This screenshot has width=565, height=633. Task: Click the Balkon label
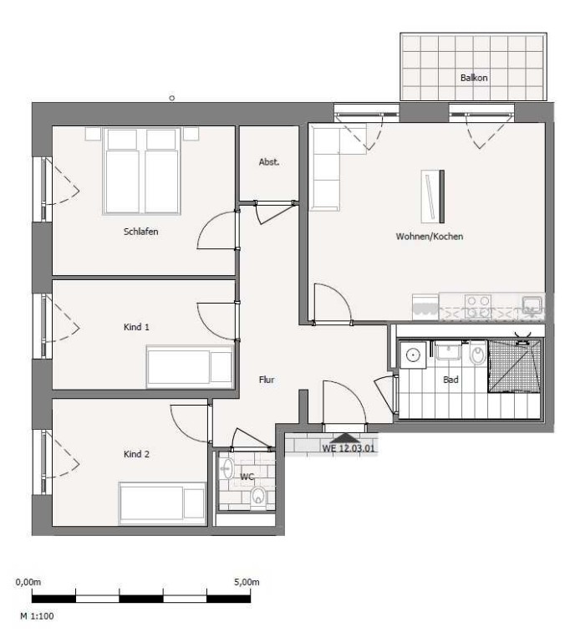click(x=474, y=78)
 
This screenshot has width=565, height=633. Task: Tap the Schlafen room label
click(x=141, y=232)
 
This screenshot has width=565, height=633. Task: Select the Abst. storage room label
click(x=269, y=162)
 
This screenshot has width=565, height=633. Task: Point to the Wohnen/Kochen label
click(x=430, y=236)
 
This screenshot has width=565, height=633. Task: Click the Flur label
click(x=267, y=380)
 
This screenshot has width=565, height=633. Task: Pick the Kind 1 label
click(x=136, y=327)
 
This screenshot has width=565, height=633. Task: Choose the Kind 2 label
click(x=136, y=454)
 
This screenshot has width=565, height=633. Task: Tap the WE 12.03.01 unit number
click(x=348, y=448)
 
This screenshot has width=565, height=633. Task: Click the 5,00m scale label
click(x=247, y=582)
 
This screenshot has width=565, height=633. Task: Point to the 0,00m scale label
click(x=28, y=582)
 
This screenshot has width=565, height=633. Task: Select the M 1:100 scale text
click(x=37, y=616)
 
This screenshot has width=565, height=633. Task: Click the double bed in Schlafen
click(x=141, y=171)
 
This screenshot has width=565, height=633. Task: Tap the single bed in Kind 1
click(x=190, y=366)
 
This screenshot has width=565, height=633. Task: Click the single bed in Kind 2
click(x=162, y=503)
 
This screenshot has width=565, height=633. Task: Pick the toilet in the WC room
click(x=258, y=495)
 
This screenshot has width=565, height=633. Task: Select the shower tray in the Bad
click(x=514, y=365)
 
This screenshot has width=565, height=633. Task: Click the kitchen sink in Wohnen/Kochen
click(x=532, y=304)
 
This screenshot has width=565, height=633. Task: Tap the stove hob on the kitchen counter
click(x=478, y=306)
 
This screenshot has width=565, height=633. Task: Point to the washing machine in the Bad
click(x=412, y=355)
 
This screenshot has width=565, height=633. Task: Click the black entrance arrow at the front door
click(x=345, y=437)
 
